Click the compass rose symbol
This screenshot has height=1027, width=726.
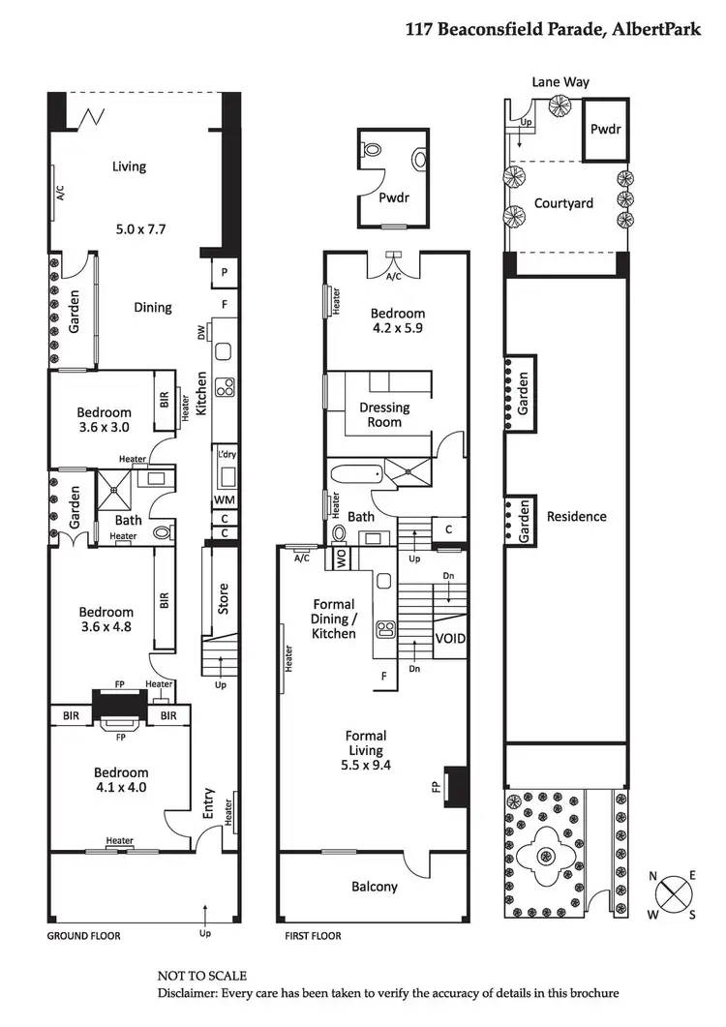click(x=674, y=894)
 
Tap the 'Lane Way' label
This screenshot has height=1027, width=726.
click(x=560, y=83)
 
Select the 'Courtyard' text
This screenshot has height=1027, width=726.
click(x=563, y=203)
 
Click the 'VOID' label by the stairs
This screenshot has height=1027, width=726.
click(x=450, y=640)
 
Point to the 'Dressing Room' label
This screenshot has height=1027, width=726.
click(x=384, y=414)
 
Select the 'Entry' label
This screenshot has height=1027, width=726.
click(x=209, y=802)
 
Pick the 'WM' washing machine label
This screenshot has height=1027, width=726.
click(x=225, y=499)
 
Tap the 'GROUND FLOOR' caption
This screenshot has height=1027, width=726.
click(x=84, y=937)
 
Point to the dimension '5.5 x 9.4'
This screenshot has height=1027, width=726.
click(x=365, y=767)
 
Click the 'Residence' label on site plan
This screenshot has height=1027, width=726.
click(x=577, y=516)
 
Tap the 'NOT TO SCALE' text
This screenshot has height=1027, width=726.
click(x=202, y=976)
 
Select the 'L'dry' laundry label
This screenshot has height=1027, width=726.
click(x=227, y=454)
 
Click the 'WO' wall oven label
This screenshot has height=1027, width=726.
click(x=341, y=559)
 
